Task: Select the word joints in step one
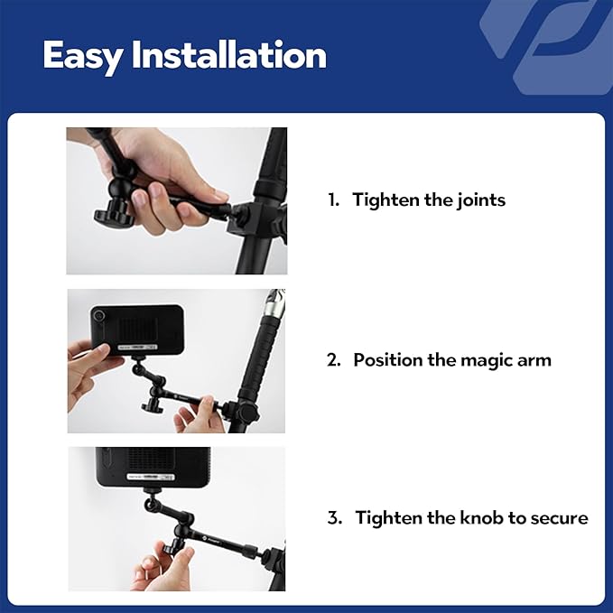click(x=479, y=200)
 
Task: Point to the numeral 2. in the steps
click(x=334, y=360)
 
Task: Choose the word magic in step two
click(x=488, y=360)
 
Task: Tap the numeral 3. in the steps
click(x=335, y=518)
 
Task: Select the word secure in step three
click(x=560, y=518)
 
